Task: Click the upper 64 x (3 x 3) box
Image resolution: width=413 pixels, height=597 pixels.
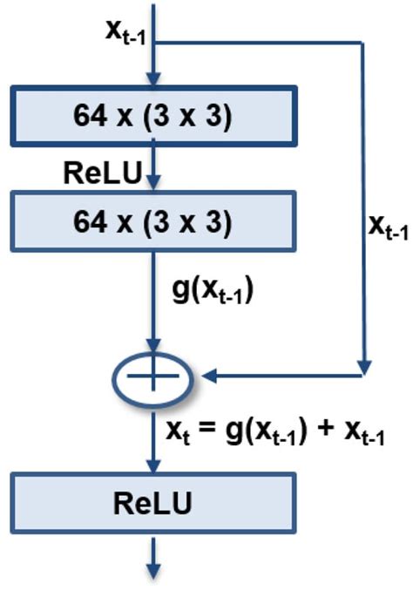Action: click(152, 116)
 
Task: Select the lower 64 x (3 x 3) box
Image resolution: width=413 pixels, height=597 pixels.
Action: click(152, 223)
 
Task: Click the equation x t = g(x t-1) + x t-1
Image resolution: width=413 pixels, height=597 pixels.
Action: click(274, 431)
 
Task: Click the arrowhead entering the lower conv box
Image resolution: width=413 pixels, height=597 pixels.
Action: click(153, 185)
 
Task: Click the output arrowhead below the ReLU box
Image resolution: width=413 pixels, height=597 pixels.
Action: click(153, 571)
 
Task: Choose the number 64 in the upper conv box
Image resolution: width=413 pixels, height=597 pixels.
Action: click(93, 116)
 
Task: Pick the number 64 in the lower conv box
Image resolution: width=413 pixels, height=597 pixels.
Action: click(93, 223)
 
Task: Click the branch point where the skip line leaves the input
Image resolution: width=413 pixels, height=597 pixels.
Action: click(153, 41)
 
